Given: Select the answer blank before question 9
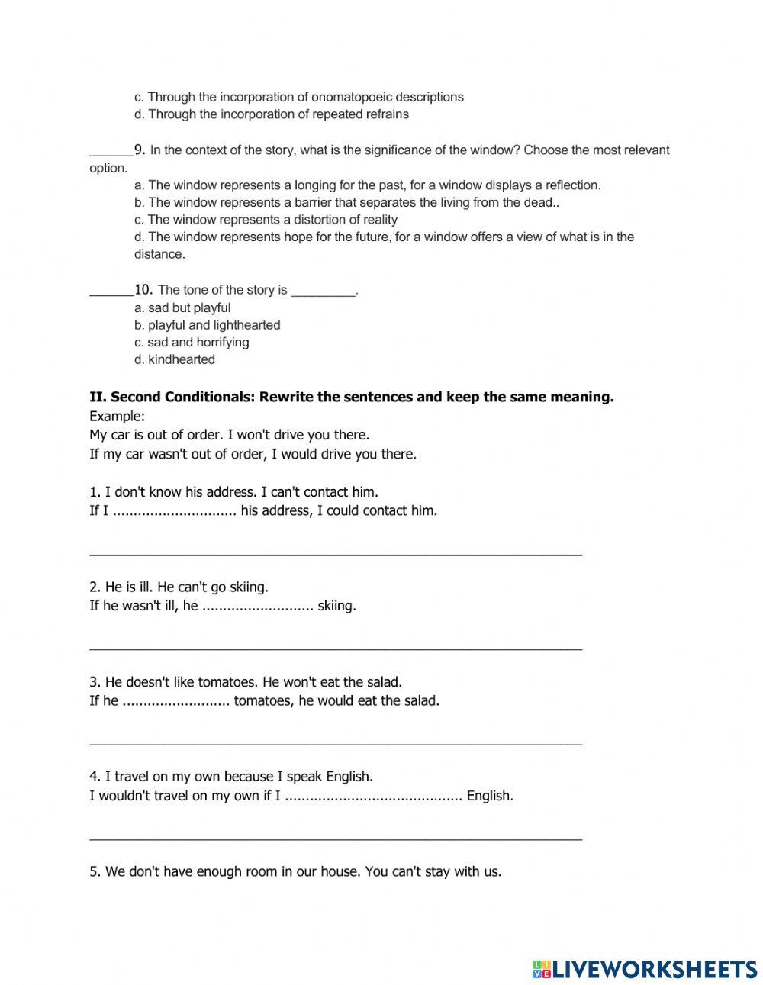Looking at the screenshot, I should pyautogui.click(x=111, y=150).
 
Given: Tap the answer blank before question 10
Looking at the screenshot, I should pyautogui.click(x=111, y=290).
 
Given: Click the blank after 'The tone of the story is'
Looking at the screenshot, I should pyautogui.click(x=324, y=291).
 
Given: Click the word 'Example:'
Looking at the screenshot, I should pyautogui.click(x=117, y=416).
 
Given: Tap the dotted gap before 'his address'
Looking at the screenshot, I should pyautogui.click(x=175, y=511).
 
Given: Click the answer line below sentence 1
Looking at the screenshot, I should pyautogui.click(x=336, y=552).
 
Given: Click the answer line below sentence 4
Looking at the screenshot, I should pyautogui.click(x=336, y=837).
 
